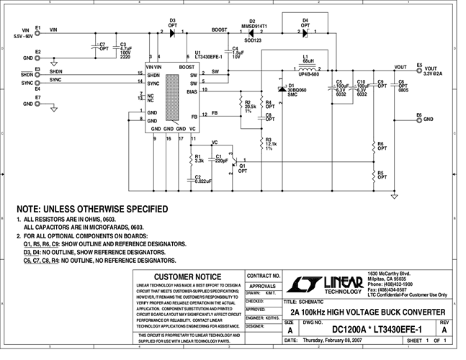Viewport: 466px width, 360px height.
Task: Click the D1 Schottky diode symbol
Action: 281,89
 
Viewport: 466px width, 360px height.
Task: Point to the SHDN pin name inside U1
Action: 153,75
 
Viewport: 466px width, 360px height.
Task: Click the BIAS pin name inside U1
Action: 192,91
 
